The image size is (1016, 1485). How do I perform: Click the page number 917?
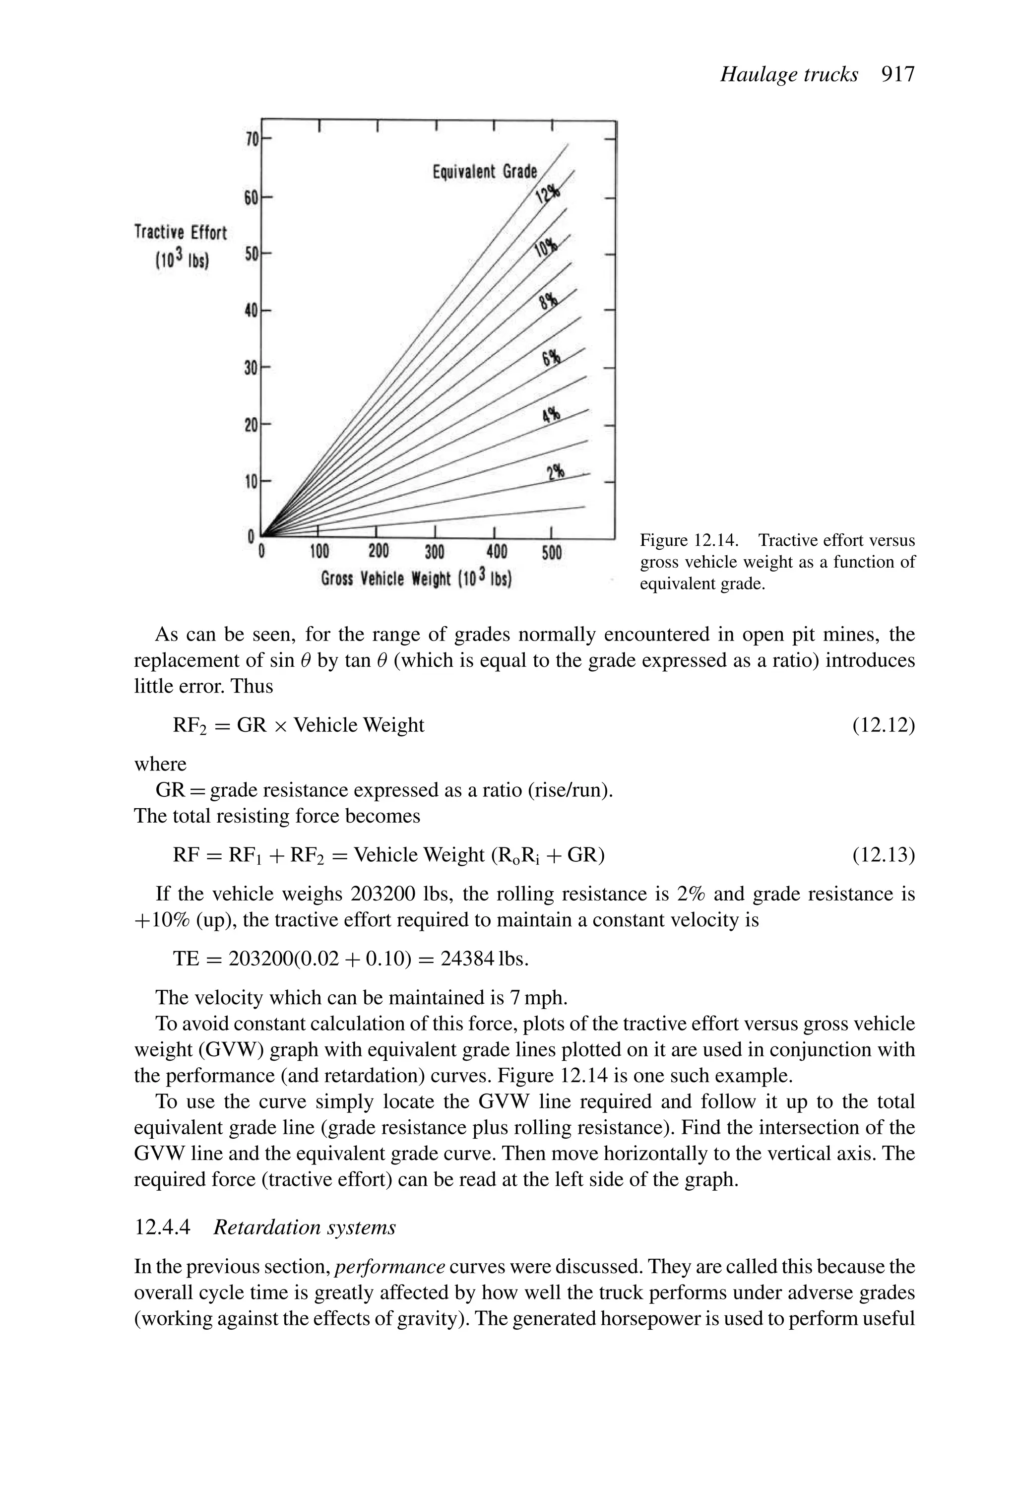[898, 75]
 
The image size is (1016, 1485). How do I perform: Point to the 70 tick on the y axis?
[251, 139]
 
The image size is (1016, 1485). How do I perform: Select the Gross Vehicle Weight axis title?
[416, 579]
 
